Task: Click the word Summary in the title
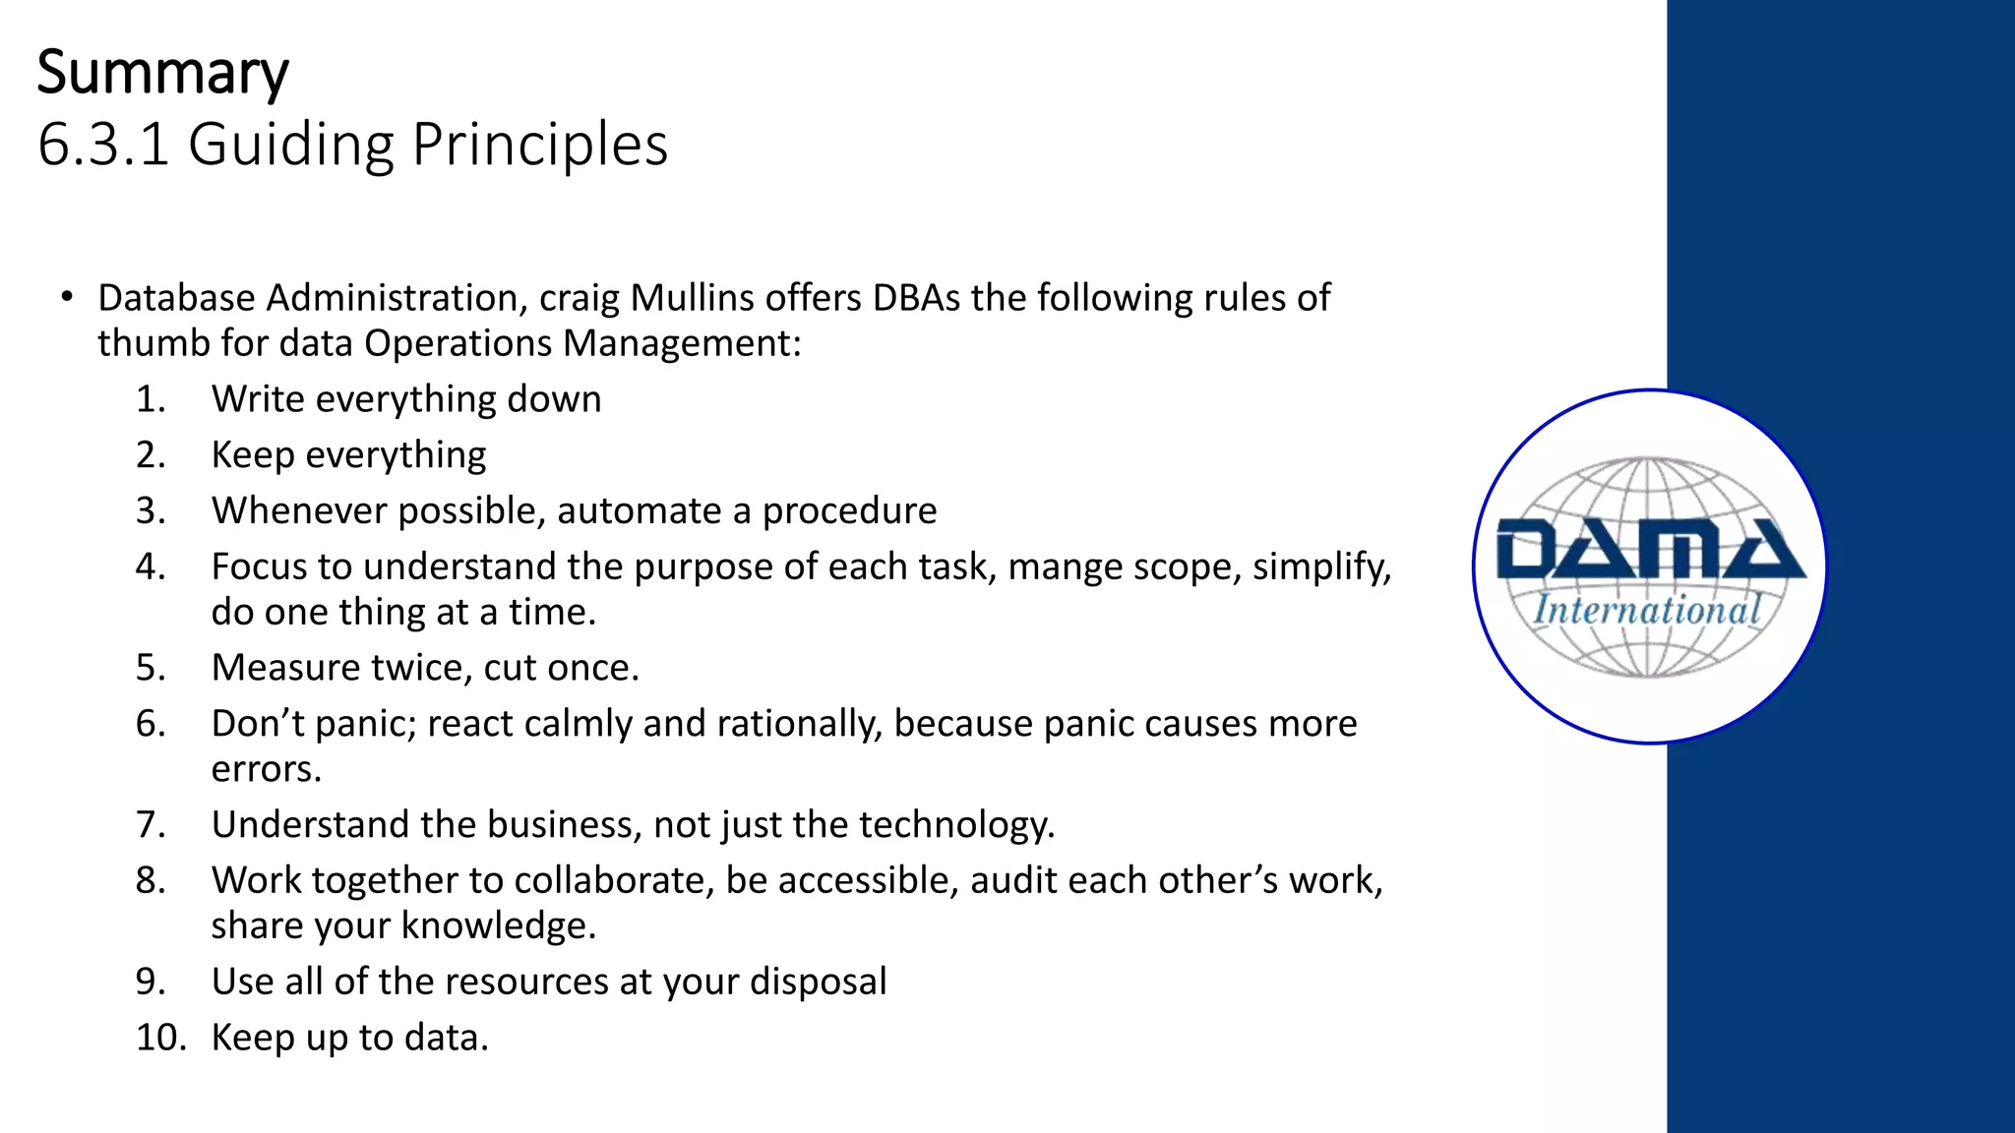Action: point(163,74)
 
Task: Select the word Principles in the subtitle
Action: point(540,145)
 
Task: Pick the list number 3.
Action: point(151,510)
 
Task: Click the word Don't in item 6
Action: point(254,723)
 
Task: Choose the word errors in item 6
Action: point(267,769)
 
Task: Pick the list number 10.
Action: point(160,1038)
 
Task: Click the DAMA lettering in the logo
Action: point(1650,550)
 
